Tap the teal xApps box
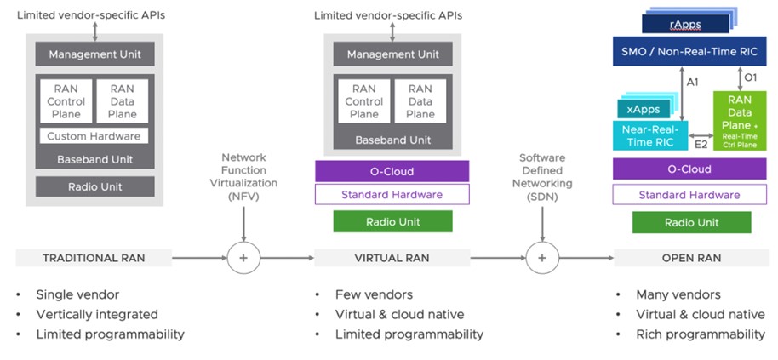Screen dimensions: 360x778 [x=643, y=110]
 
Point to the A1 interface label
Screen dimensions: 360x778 [x=693, y=83]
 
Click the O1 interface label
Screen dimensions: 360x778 [x=750, y=77]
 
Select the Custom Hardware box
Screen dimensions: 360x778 [x=94, y=136]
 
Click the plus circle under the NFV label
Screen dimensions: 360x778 [x=244, y=257]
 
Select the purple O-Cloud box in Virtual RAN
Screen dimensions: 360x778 [x=392, y=170]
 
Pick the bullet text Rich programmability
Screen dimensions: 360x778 [x=700, y=334]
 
